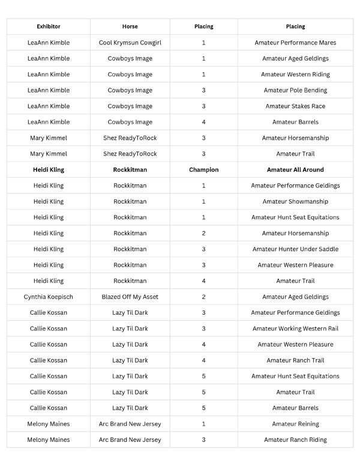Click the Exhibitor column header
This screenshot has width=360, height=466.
[49, 26]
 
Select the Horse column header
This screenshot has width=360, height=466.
[130, 26]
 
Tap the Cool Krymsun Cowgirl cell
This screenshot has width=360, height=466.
[130, 43]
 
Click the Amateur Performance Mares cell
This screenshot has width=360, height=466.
[295, 43]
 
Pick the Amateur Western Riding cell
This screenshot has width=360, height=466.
[295, 74]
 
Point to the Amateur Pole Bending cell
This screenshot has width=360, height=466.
[295, 90]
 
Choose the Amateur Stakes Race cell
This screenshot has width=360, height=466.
[295, 106]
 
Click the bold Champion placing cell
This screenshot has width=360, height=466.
[204, 170]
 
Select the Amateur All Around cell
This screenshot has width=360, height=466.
[295, 170]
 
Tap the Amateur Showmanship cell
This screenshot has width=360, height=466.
[295, 202]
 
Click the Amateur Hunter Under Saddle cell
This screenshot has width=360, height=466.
[295, 249]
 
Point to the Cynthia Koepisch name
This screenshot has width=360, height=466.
[49, 297]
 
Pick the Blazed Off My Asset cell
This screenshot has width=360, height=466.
[130, 297]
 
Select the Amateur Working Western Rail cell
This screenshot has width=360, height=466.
[295, 328]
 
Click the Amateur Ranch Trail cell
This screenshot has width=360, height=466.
[295, 360]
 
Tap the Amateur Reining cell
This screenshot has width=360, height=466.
[295, 424]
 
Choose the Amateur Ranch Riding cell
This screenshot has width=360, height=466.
[295, 440]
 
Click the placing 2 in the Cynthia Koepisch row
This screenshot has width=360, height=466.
[204, 297]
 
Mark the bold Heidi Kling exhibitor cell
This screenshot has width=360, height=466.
[49, 170]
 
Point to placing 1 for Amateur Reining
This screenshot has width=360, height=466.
[204, 424]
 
